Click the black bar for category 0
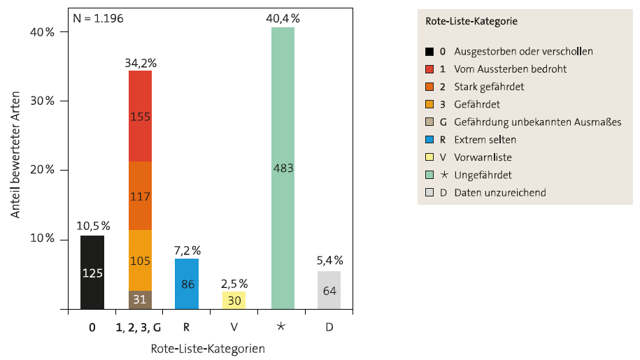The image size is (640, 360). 92,272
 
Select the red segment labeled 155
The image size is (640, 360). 140,116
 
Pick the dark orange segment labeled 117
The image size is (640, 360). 140,196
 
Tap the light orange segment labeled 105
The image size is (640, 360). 140,260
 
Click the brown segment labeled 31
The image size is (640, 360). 140,300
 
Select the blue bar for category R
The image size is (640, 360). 187,284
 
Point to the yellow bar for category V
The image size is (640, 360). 234,300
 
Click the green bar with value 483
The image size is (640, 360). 282,168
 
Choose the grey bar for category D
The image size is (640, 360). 329,290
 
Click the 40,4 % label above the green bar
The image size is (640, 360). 282,19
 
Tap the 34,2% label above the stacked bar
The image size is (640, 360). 140,62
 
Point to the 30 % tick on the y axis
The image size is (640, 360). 41,101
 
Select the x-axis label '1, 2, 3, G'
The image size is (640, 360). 140,326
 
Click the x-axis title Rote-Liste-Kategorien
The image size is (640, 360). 208,348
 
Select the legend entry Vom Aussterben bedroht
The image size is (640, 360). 510,69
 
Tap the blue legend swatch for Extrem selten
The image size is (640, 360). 429,140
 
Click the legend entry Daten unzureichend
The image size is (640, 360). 500,192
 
